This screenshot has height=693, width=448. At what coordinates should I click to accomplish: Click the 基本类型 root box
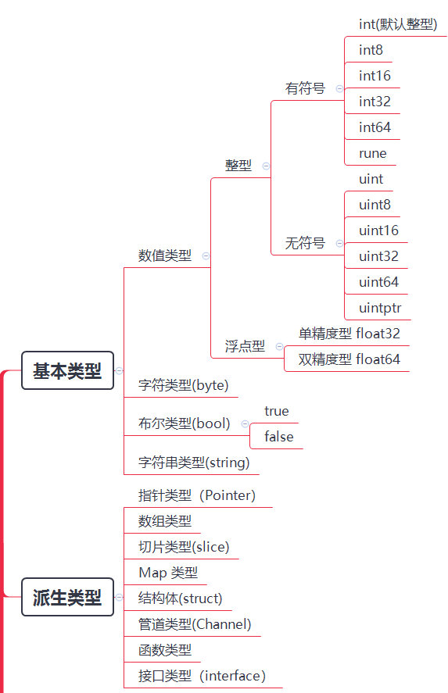coord(68,370)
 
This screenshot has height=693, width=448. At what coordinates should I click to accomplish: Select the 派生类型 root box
coord(68,597)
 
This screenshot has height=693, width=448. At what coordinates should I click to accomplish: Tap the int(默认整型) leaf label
coord(398,24)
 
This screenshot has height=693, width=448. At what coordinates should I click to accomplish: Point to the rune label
coord(373,153)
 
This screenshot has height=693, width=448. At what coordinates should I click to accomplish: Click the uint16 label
coord(378,230)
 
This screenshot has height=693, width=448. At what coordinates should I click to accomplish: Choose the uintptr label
coord(380,308)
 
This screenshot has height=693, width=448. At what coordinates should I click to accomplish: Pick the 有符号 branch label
coord(305,88)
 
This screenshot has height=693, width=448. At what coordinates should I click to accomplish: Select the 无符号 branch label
coord(305,243)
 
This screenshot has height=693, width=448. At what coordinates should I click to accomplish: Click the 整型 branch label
coord(238,166)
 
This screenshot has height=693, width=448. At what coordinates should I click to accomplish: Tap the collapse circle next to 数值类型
coord(206,255)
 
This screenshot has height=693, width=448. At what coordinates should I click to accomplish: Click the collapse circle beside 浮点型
coord(279,346)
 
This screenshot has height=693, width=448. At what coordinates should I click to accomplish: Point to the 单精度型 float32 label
coord(349,334)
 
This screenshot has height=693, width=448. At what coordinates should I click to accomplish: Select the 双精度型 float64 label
coord(349,359)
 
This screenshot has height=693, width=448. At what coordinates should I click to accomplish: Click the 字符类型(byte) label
coord(184,385)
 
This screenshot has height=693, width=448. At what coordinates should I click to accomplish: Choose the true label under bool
coord(277,411)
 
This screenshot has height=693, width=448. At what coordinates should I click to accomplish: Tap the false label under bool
coord(279,437)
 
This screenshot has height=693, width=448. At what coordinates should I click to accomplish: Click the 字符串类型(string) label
coord(194,463)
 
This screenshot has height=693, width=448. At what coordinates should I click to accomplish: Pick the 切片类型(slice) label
coord(184,547)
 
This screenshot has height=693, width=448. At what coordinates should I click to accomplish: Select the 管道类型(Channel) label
coord(195,624)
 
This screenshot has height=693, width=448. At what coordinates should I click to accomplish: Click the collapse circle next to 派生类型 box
coord(119,597)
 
